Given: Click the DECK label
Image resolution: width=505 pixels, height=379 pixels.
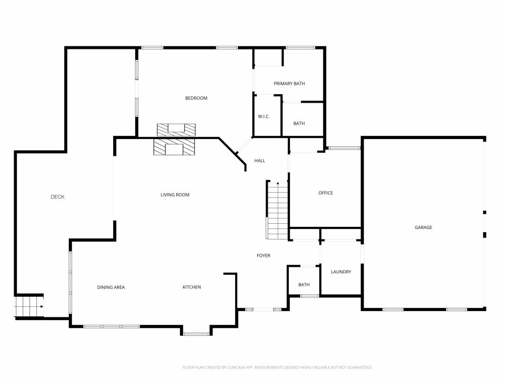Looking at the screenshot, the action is point(58,196).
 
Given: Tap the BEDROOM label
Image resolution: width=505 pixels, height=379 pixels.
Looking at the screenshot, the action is point(196,98).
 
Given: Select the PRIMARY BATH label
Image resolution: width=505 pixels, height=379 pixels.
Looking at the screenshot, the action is point(289,84).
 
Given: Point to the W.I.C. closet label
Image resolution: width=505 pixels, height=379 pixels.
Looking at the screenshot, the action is point(264,116).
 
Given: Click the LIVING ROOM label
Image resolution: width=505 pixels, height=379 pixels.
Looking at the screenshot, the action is point(175,195).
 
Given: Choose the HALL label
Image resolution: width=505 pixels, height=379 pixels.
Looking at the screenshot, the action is point(259,161).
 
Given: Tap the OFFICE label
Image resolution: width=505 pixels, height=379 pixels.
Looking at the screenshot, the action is point(326,193).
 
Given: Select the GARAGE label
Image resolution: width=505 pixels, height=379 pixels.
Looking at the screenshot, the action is point(423,227).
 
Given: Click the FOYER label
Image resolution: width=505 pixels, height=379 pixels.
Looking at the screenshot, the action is point(264,255).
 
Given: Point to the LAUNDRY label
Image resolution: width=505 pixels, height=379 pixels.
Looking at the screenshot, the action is point(341,272).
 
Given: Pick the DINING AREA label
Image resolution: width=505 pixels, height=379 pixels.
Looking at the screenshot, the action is point(111,287).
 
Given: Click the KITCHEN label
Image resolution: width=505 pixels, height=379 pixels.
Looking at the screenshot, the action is point(191,287).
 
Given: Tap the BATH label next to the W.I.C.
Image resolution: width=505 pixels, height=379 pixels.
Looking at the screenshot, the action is point(299,123).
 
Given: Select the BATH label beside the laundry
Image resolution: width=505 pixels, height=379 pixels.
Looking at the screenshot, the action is point(304,285).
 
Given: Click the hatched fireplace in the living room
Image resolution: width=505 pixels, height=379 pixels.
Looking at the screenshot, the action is point(174,147).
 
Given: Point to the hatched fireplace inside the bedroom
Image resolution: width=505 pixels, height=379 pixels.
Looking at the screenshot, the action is point(176,130).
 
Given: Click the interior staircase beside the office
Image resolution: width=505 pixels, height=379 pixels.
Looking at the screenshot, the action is point(277,211).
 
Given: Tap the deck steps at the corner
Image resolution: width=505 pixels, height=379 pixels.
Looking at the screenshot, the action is point(29,306).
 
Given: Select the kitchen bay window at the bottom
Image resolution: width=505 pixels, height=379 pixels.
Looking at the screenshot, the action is point(196,334).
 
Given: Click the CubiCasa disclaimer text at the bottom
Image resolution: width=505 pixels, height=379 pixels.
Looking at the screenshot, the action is point(277,367).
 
